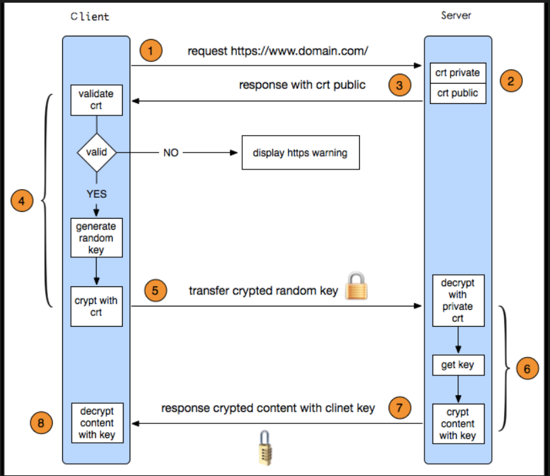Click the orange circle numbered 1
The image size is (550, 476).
point(151,51)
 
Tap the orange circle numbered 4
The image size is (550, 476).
point(22,201)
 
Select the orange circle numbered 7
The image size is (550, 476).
point(400,408)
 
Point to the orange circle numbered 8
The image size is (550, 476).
point(41,423)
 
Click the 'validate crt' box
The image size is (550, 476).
point(97,100)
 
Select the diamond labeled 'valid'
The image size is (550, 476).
point(97,153)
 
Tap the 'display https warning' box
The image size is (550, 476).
point(300,153)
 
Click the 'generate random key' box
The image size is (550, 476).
point(97,238)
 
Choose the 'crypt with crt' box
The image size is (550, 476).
point(97,307)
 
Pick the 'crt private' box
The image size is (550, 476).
point(458,73)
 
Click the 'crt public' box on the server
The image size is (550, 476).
point(458,93)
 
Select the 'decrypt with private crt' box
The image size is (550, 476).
point(458,300)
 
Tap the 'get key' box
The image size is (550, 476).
point(458,365)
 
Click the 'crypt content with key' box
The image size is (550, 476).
point(458,424)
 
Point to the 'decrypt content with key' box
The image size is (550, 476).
point(97,423)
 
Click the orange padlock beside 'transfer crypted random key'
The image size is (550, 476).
point(356,286)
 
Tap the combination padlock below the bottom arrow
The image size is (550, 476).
point(265,448)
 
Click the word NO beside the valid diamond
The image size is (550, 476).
point(171,153)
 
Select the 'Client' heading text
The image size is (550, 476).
point(90,16)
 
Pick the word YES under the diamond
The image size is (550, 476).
point(97,194)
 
